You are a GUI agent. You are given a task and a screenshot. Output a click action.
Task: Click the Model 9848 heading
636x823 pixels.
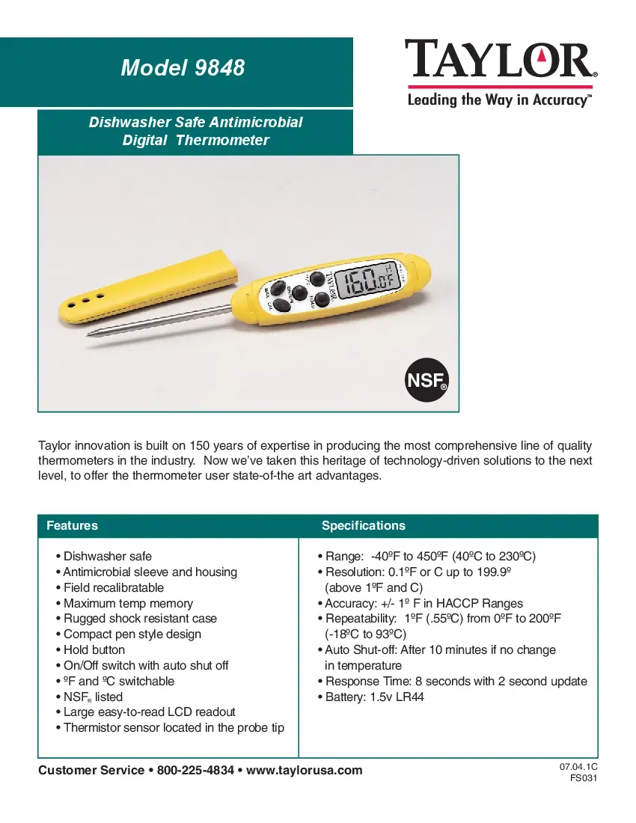click(183, 68)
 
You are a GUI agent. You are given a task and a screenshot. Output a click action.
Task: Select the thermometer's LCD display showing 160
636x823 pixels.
click(366, 282)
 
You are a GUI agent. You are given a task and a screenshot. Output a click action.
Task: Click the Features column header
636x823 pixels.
click(72, 525)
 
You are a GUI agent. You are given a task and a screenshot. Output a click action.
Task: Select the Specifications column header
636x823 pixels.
click(363, 525)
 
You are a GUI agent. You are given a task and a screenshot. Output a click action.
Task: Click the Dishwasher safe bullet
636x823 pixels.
click(107, 557)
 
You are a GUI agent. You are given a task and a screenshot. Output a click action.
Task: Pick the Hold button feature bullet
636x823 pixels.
click(94, 650)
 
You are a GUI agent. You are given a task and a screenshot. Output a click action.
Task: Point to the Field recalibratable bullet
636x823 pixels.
click(113, 588)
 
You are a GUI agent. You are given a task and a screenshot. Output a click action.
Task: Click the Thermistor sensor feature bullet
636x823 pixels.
click(174, 728)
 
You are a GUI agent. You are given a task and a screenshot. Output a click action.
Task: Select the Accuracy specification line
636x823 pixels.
click(424, 604)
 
